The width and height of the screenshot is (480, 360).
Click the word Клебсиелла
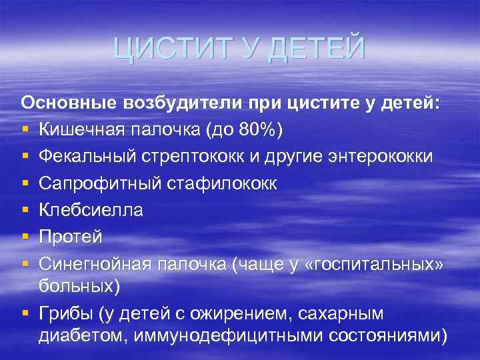tap(91, 210)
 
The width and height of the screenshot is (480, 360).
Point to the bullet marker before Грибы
tap(25, 313)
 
